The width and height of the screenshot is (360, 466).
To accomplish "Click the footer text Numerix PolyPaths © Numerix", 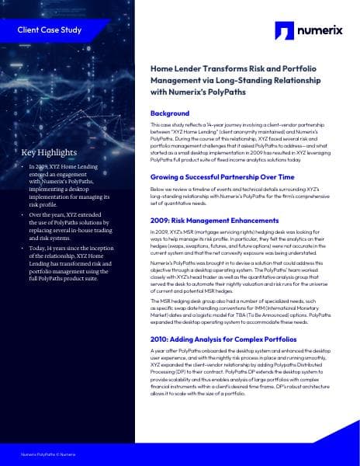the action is click(47, 452).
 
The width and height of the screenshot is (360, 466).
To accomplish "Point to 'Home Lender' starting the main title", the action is click(173, 68).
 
